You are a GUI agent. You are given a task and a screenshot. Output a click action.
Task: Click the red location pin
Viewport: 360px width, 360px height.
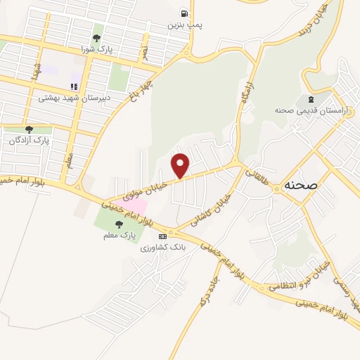coord(181,165)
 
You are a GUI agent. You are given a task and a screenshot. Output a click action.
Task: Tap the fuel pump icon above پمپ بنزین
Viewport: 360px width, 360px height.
coord(184,13)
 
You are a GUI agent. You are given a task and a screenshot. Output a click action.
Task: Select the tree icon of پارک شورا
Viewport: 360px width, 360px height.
coord(97,38)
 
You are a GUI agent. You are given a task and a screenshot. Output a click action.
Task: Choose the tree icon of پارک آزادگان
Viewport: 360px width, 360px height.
coord(29,129)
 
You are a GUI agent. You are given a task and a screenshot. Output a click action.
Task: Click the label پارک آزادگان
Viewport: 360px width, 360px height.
coord(30,141)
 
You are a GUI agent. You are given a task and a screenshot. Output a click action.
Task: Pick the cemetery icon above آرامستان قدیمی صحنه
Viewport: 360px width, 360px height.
coord(310,98)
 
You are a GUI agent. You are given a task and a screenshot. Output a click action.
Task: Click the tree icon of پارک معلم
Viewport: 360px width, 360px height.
coord(117,225)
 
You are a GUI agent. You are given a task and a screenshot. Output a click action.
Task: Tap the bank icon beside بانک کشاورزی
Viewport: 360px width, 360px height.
coord(162,236)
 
